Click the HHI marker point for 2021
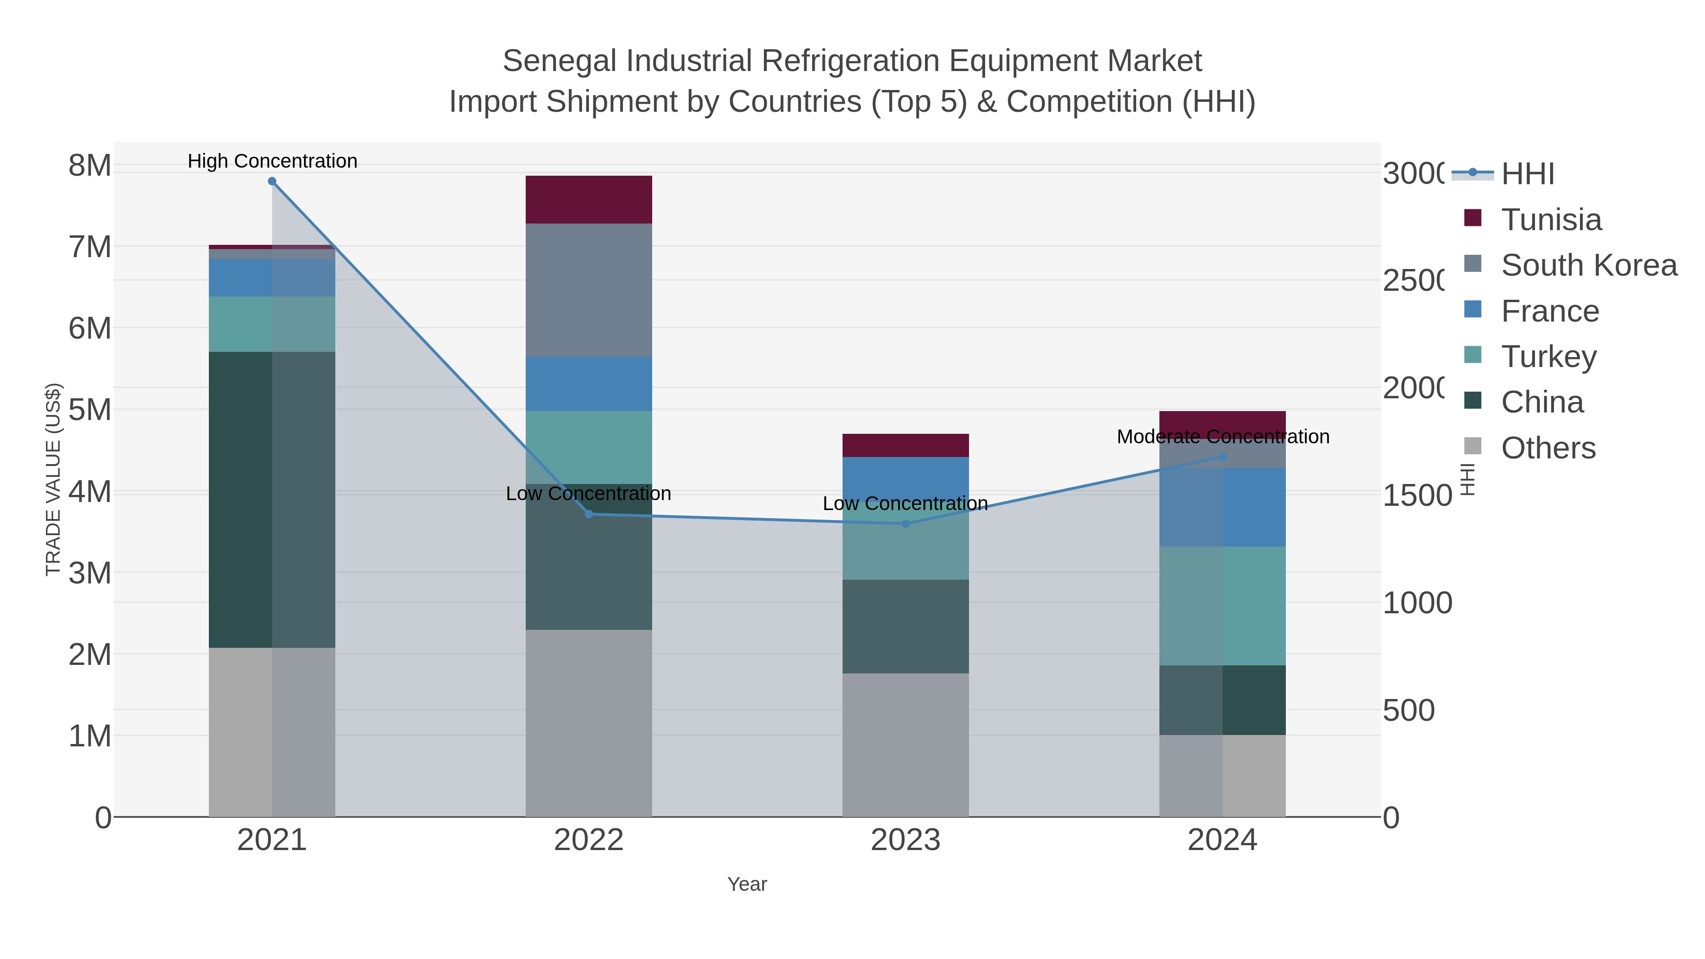pyautogui.click(x=272, y=181)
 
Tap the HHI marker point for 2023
pyautogui.click(x=906, y=523)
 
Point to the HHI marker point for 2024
pyautogui.click(x=1222, y=457)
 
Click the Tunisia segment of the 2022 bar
pyautogui.click(x=588, y=200)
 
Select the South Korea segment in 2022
pyautogui.click(x=588, y=290)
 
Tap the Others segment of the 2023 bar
pyautogui.click(x=906, y=744)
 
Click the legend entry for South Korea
pyautogui.click(x=1588, y=265)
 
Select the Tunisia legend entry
pyautogui.click(x=1551, y=220)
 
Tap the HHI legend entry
pyautogui.click(x=1527, y=174)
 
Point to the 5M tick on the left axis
pyautogui.click(x=90, y=410)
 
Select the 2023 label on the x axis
pyautogui.click(x=906, y=841)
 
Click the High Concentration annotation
pyautogui.click(x=272, y=161)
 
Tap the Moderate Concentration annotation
pyautogui.click(x=1222, y=437)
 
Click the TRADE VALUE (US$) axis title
pyautogui.click(x=53, y=479)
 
